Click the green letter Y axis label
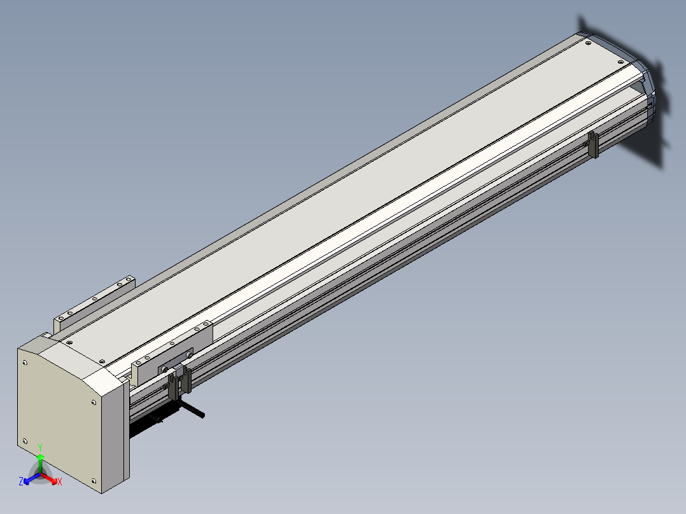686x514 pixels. pyautogui.click(x=40, y=447)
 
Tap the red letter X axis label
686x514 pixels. pyautogui.click(x=60, y=482)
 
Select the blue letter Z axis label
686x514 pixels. pyautogui.click(x=20, y=482)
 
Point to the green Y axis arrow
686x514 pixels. pyautogui.click(x=40, y=464)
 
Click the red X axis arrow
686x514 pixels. pyautogui.click(x=49, y=478)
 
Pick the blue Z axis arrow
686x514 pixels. pyautogui.click(x=32, y=478)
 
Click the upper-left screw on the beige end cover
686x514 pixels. pyautogui.click(x=25, y=363)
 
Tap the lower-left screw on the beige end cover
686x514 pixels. pyautogui.click(x=25, y=441)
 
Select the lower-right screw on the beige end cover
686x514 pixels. pyautogui.click(x=94, y=481)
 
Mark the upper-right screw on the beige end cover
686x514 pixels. pyautogui.click(x=94, y=403)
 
